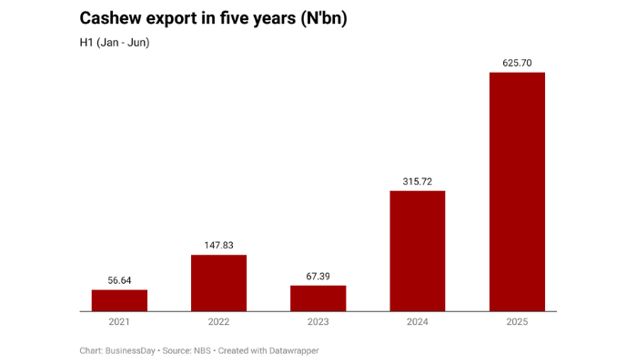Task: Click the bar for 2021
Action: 119,300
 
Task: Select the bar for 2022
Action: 218,283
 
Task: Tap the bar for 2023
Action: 318,298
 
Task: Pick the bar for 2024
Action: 418,251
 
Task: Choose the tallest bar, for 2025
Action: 517,192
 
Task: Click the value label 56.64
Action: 119,280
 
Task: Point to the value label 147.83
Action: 218,245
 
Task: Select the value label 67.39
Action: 318,276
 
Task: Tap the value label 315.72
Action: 418,180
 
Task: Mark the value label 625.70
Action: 517,63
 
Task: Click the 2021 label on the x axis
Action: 119,322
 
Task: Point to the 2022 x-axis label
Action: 218,322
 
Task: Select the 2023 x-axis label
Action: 318,322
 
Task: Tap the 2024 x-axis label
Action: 418,322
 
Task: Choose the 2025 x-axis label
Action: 517,322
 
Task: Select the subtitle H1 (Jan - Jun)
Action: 114,43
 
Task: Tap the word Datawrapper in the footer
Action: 289,350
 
